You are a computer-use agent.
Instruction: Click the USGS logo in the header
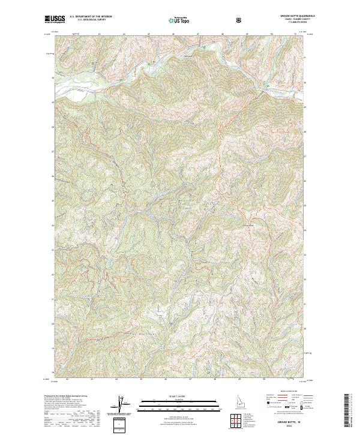tap(55, 20)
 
